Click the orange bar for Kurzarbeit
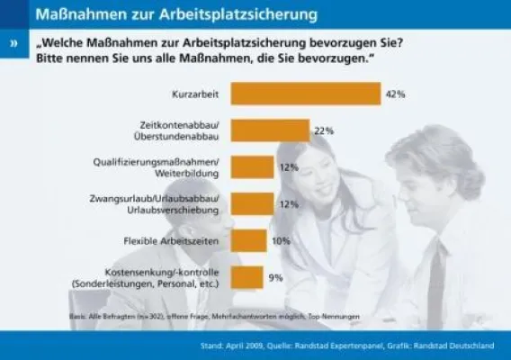coord(306,94)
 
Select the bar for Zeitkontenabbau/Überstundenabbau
coord(270,130)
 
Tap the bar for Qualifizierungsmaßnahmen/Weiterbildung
coord(252,166)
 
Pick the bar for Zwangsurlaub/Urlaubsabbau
coord(252,203)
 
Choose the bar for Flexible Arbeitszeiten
coord(248,240)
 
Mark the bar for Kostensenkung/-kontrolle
coord(247,277)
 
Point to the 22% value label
coord(324,130)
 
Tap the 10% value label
coord(281,240)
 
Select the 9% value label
coord(276,277)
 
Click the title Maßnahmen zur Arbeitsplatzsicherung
coord(171,14)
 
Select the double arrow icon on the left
coord(13,43)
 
